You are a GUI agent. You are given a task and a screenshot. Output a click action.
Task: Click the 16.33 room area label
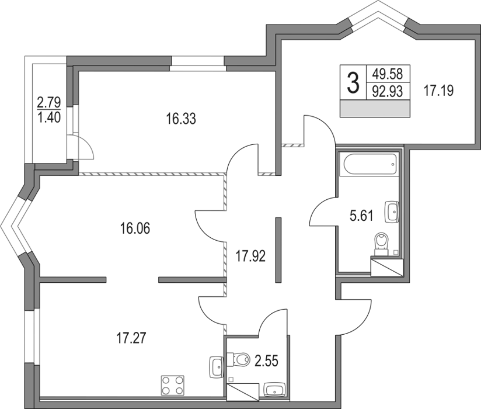click(x=180, y=120)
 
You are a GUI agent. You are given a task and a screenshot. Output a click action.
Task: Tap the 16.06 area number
click(x=135, y=228)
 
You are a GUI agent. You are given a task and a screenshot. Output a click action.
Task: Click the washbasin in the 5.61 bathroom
click(x=391, y=212)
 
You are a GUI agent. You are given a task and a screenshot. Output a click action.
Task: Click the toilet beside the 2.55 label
click(x=239, y=357)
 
